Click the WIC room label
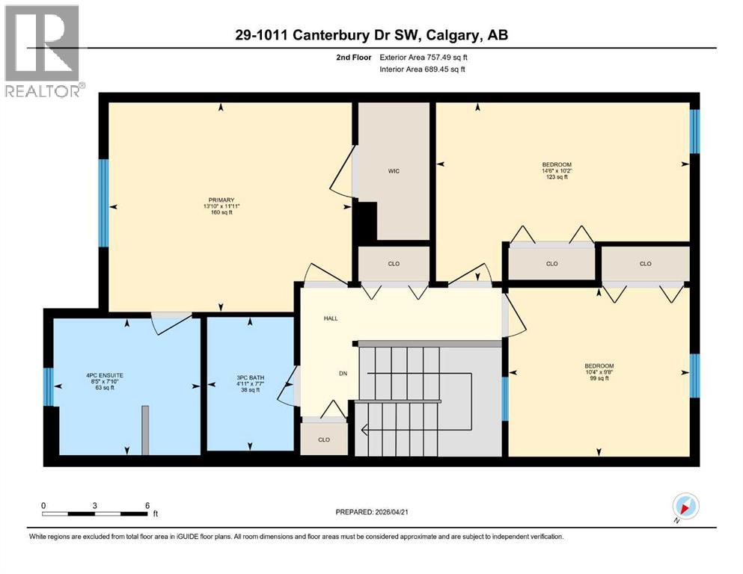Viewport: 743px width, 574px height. click(394, 171)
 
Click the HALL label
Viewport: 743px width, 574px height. click(330, 318)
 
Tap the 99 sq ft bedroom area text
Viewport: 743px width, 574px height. click(599, 378)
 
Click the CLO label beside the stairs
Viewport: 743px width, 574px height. click(324, 439)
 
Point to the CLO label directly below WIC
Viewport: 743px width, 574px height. click(394, 263)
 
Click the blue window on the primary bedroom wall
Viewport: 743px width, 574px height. click(104, 203)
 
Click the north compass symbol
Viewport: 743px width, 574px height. click(685, 506)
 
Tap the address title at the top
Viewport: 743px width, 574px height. click(372, 35)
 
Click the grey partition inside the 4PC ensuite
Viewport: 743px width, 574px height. click(145, 430)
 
